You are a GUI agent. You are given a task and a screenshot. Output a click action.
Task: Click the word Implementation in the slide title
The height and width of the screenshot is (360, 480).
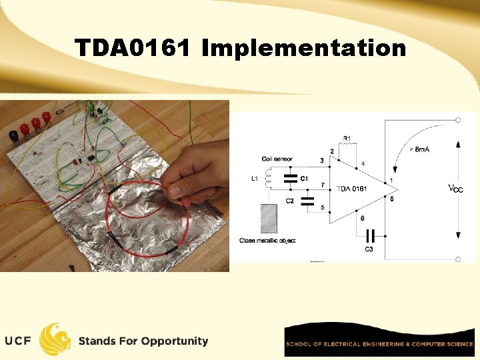[303, 49]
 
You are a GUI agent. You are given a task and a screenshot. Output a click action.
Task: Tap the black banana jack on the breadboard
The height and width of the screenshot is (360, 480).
[13, 136]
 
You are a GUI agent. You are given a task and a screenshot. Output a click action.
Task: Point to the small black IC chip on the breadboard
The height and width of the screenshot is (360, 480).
[87, 157]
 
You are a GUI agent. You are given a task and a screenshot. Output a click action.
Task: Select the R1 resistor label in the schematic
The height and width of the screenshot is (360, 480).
[347, 139]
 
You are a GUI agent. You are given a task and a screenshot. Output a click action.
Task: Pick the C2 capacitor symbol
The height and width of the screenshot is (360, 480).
[307, 201]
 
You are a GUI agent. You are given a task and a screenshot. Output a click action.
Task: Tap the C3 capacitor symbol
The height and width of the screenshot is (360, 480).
[371, 235]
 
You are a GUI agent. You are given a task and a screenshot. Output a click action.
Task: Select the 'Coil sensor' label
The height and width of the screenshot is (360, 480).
[277, 159]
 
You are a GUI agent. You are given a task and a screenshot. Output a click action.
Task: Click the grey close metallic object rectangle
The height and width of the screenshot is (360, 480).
[267, 218]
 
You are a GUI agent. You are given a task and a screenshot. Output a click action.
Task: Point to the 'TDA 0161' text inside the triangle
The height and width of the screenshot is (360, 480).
[351, 189]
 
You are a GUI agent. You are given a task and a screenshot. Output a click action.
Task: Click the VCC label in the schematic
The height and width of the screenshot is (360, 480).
[455, 189]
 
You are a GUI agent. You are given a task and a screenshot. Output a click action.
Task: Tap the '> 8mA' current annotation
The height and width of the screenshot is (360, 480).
[417, 149]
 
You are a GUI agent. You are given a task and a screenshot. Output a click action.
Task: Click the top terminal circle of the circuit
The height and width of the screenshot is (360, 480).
[458, 120]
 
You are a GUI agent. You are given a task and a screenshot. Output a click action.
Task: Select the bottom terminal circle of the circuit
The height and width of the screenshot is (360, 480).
[458, 259]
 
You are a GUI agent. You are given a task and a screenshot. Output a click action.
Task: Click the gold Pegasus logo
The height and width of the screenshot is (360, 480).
[55, 339]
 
